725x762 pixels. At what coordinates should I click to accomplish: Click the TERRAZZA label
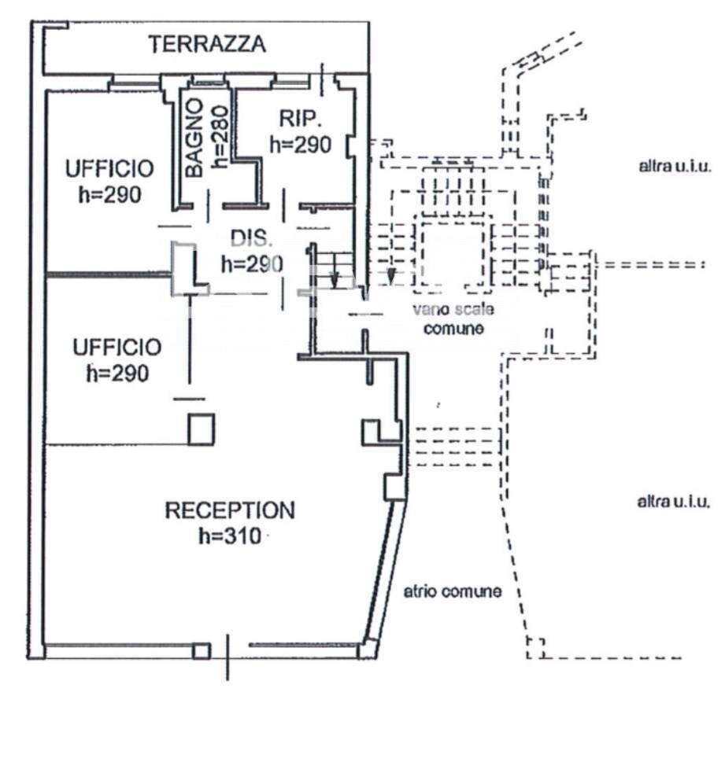[208, 44]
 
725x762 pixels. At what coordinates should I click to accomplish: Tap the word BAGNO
[194, 137]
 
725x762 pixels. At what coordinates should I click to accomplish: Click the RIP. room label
[300, 119]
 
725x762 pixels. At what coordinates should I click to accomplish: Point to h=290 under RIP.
[300, 145]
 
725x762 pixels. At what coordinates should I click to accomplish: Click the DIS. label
[251, 237]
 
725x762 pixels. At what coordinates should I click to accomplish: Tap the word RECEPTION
[230, 510]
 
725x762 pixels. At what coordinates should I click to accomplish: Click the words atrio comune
[453, 591]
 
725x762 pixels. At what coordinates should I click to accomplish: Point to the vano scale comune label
[453, 318]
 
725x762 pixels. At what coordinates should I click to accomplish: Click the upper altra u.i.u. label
[675, 166]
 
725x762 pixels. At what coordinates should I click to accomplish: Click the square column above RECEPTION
[201, 429]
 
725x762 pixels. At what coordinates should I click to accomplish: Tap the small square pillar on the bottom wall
[202, 651]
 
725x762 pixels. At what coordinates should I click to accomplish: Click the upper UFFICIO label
[109, 168]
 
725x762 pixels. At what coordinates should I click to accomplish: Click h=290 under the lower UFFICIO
[117, 374]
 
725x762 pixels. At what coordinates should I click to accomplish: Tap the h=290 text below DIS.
[251, 264]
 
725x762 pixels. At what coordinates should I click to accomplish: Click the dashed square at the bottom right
[535, 648]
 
